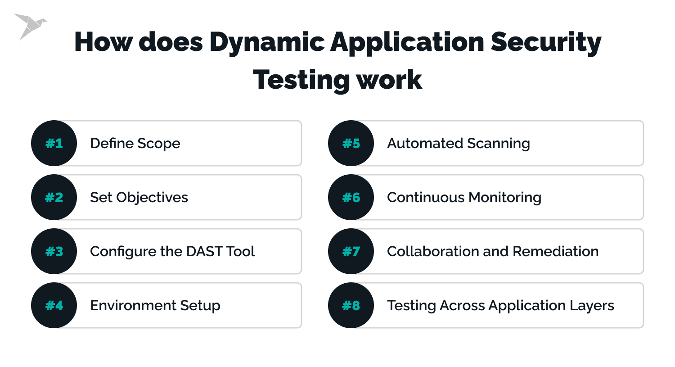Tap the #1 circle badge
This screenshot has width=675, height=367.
coord(54,143)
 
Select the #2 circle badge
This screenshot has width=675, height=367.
coord(54,197)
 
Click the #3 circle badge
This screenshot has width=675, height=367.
coord(54,251)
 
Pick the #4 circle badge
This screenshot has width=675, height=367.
coord(54,305)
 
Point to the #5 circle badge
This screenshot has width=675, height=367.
coord(351,143)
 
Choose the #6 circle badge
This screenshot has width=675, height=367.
coord(351,197)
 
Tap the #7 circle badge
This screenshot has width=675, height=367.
coord(351,251)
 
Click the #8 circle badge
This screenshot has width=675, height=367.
coord(351,305)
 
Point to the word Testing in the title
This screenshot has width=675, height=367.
coord(301,81)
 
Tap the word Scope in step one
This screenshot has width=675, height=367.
coord(158,144)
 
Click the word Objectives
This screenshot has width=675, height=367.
coord(152,198)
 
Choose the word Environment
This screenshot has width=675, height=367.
coord(133,305)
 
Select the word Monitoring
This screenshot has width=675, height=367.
coord(505,198)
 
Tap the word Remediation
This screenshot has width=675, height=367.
coord(555,252)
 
